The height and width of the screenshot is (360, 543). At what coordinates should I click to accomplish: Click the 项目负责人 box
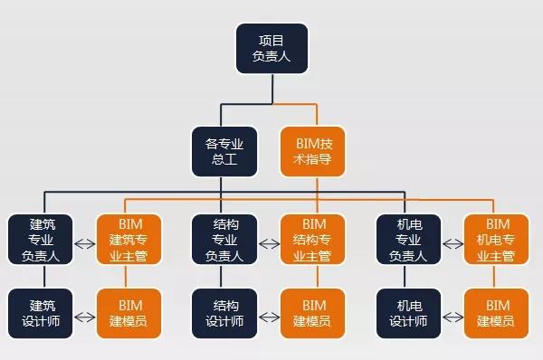pyautogui.click(x=271, y=48)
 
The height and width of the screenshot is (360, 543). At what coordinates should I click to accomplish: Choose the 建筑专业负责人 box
pyautogui.click(x=38, y=239)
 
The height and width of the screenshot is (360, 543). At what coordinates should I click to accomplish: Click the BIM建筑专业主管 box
pyautogui.click(x=128, y=239)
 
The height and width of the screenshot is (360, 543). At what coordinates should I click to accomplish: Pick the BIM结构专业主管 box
pyautogui.click(x=313, y=239)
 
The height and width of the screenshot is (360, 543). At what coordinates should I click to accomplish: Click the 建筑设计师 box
pyautogui.click(x=38, y=314)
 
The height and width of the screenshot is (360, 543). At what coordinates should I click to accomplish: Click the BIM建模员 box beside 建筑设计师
pyautogui.click(x=128, y=314)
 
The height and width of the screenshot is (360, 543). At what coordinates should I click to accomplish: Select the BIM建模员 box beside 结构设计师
pyautogui.click(x=313, y=314)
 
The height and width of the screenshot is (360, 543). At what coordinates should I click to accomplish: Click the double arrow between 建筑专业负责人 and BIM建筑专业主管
pyautogui.click(x=83, y=242)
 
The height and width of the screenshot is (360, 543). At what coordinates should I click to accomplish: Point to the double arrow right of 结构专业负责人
pyautogui.click(x=268, y=242)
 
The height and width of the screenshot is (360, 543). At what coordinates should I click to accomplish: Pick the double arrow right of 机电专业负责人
pyautogui.click(x=452, y=242)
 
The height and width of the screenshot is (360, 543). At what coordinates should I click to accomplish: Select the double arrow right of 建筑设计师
pyautogui.click(x=83, y=317)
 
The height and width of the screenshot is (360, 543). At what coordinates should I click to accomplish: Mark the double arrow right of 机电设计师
pyautogui.click(x=452, y=317)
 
